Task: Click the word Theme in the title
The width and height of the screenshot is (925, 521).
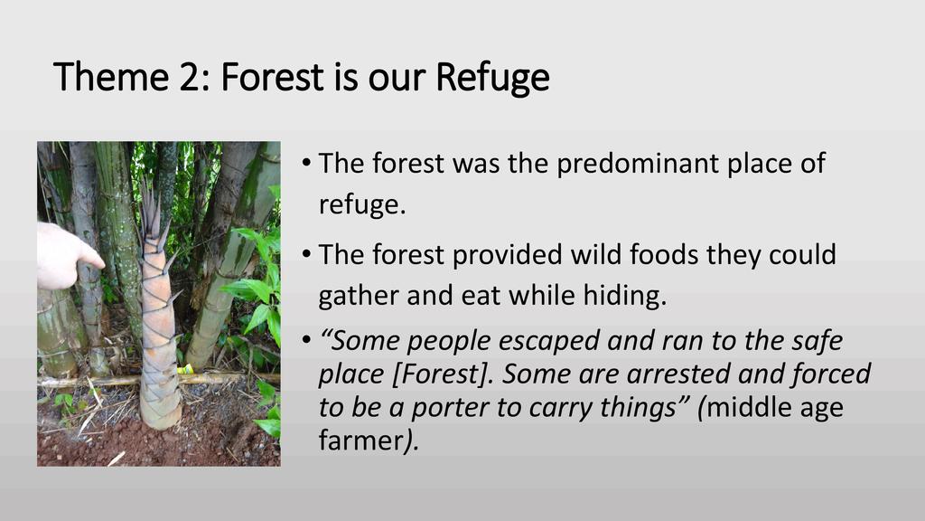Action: (x=111, y=77)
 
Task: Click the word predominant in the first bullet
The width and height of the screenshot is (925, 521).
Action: (x=637, y=165)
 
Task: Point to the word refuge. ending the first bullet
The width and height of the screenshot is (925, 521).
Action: (x=362, y=205)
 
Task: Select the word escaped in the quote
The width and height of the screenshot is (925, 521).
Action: (x=550, y=341)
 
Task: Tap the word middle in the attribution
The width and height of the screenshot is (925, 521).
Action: (x=744, y=408)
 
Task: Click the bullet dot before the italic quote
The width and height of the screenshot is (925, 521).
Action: (x=306, y=340)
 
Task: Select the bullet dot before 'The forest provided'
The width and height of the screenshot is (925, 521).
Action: (x=306, y=254)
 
